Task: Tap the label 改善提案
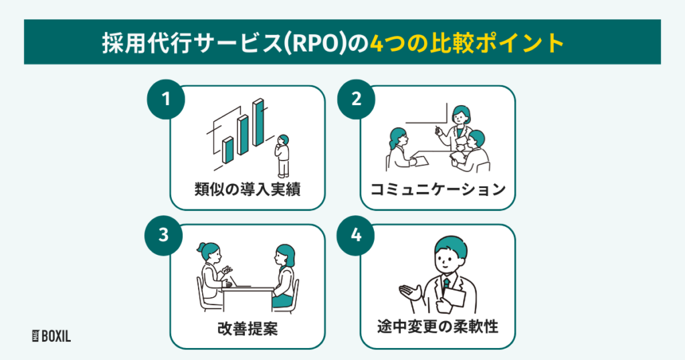point(248,329)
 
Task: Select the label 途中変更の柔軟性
point(438,329)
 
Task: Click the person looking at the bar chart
point(284,156)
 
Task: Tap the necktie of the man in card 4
point(446,286)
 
